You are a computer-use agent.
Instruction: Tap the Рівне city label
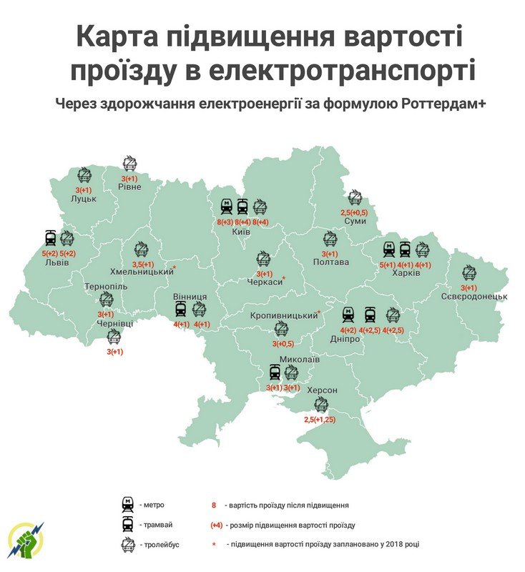(129, 187)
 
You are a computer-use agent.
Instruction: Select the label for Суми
(354, 222)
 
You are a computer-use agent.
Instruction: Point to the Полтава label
(330, 262)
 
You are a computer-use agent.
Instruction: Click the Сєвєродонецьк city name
(473, 296)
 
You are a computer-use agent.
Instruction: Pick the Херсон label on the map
(321, 391)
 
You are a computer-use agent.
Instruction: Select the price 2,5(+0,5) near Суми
(354, 212)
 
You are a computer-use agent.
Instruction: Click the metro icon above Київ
(226, 207)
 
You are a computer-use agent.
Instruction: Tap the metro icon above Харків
(388, 250)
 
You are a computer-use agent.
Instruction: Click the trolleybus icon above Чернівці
(114, 337)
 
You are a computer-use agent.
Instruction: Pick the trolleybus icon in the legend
(128, 545)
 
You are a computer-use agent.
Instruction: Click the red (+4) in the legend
(215, 525)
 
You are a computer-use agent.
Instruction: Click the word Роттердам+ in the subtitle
(448, 103)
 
